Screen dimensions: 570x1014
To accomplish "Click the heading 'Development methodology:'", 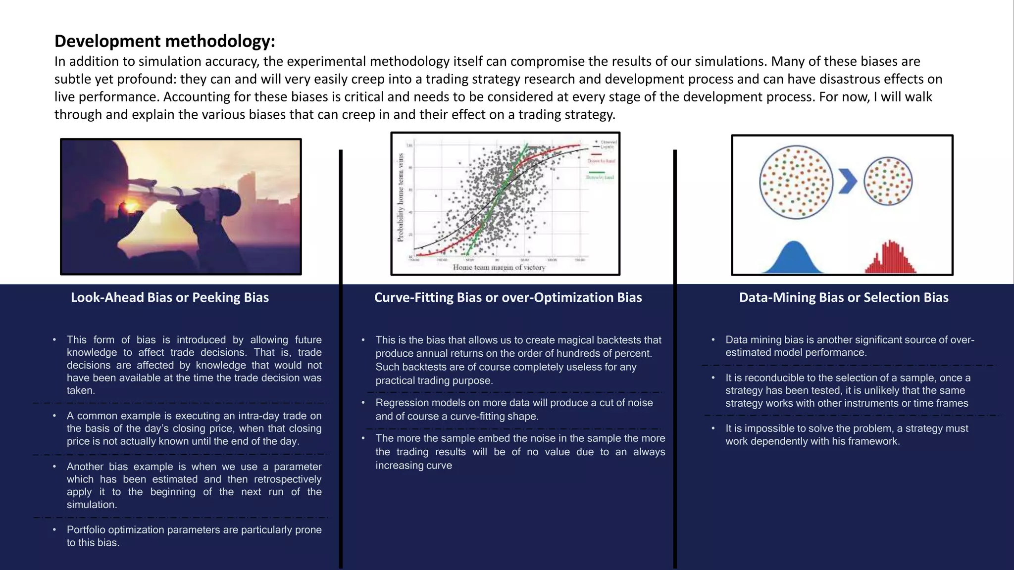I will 164,41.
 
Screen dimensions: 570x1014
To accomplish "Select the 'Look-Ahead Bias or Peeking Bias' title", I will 170,297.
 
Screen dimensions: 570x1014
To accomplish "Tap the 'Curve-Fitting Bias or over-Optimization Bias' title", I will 508,297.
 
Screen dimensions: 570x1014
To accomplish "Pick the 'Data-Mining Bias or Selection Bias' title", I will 844,297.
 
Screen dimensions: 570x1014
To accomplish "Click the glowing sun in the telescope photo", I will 130,207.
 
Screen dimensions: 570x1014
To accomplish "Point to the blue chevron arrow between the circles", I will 847,182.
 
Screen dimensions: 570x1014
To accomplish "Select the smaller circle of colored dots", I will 888,181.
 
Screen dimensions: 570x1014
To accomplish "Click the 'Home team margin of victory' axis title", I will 499,268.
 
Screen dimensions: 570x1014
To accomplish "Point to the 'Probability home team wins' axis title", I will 401,197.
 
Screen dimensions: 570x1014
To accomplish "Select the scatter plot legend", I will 601,159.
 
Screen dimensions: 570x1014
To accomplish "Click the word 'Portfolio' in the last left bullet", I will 86,530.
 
